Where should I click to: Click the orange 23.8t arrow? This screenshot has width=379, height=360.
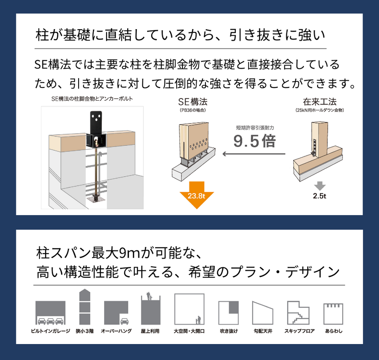tap(197, 195)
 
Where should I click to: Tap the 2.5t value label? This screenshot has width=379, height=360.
tap(319, 196)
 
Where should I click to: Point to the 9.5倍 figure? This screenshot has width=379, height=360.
tap(254, 141)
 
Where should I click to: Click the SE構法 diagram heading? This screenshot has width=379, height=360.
tap(193, 102)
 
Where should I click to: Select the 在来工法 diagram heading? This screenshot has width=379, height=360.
tap(319, 102)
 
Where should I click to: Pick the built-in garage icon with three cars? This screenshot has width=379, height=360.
tap(50, 313)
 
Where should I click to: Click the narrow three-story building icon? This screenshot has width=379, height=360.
tap(85, 307)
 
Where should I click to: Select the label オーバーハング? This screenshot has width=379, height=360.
tap(116, 331)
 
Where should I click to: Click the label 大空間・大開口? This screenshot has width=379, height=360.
tap(189, 331)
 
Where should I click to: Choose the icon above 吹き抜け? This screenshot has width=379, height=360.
tap(228, 313)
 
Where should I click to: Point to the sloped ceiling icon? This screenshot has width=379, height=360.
tap(262, 313)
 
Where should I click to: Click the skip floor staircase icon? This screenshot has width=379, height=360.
tap(298, 313)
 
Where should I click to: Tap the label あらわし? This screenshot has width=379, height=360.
tap(334, 331)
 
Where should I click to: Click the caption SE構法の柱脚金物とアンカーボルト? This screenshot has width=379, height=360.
tap(92, 99)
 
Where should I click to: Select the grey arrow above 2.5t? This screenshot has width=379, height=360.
tap(320, 186)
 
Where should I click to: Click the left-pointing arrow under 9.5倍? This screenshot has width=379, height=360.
tap(254, 154)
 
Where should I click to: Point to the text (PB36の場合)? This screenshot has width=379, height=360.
tap(193, 110)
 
